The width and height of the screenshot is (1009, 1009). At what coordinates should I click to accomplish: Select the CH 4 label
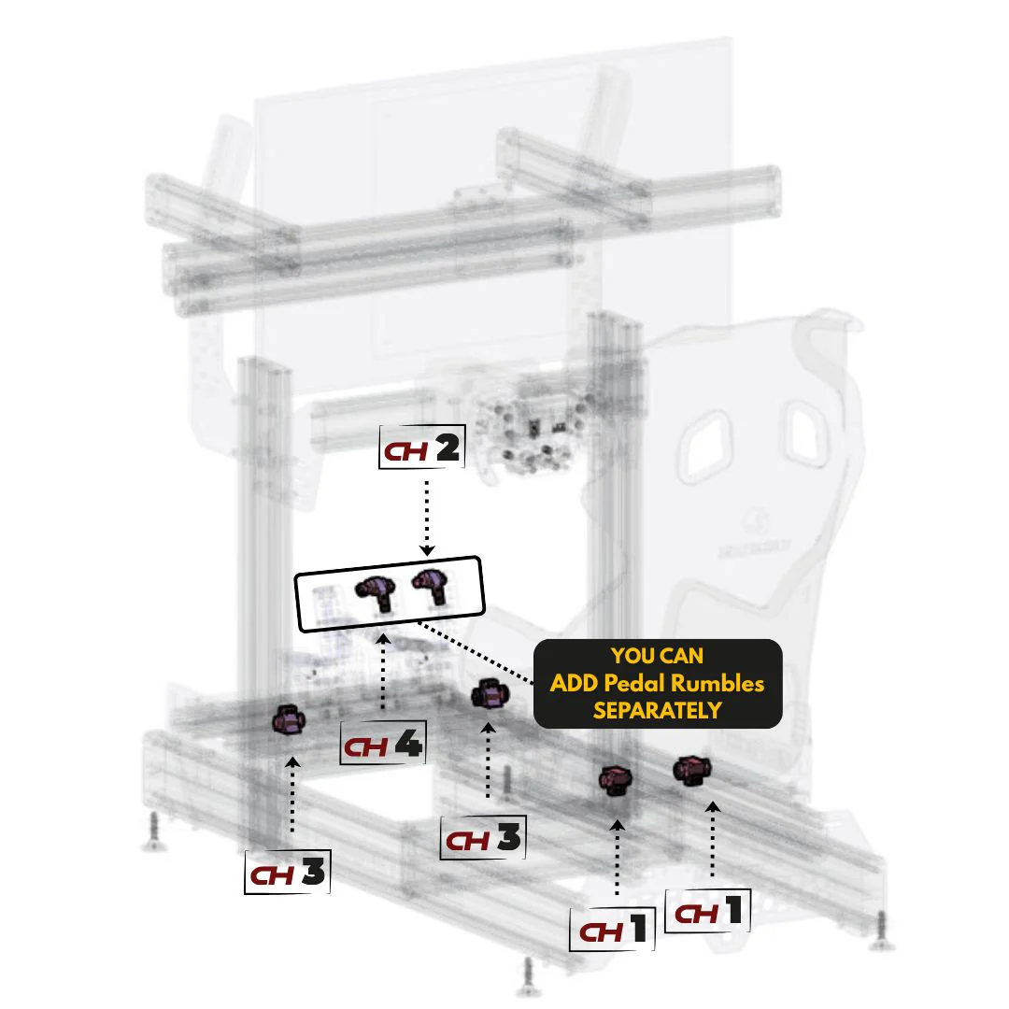[x=383, y=746]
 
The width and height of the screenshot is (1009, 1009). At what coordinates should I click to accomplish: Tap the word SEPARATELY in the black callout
[x=657, y=709]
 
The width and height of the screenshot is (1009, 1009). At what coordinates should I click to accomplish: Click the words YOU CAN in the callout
[x=657, y=657]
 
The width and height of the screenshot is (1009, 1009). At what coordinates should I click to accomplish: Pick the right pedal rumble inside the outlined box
[x=431, y=586]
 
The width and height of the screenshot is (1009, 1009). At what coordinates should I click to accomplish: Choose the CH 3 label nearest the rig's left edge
[x=287, y=874]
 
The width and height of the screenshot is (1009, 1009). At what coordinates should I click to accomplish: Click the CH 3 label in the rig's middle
[x=482, y=838]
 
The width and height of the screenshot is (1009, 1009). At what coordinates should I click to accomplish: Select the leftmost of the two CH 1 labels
[x=613, y=930]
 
